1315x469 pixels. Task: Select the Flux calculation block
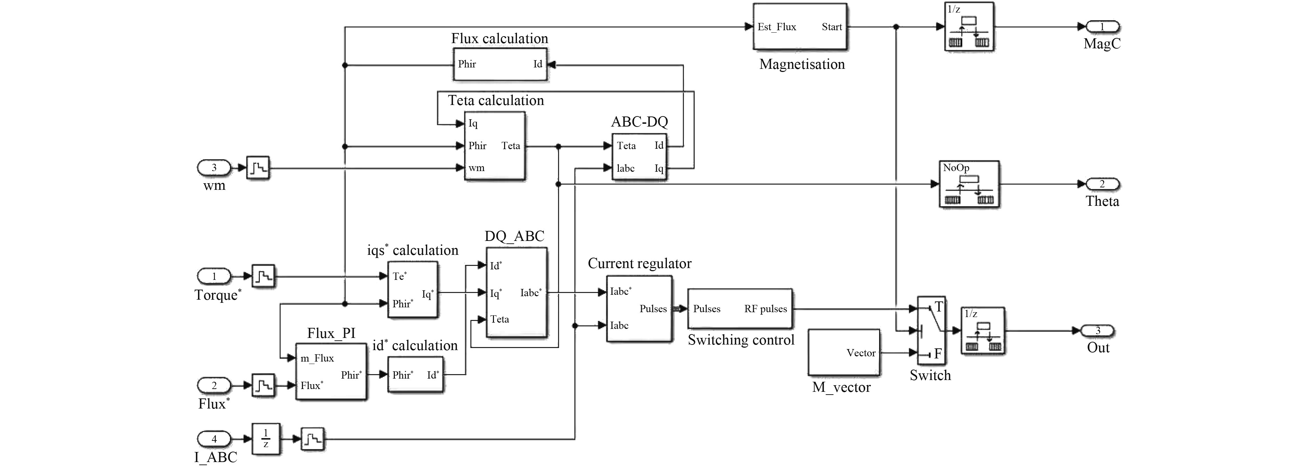tap(500, 64)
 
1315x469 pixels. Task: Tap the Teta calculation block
tap(494, 146)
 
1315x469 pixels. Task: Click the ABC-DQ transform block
tap(639, 157)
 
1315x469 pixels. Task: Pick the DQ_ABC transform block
tap(516, 292)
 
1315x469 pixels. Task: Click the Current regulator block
tap(639, 309)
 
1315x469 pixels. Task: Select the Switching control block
tap(740, 309)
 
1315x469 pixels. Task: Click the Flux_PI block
tap(331, 372)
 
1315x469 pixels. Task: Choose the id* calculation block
tap(415, 374)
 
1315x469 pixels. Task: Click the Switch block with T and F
tap(931, 331)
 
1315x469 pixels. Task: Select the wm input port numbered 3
tap(214, 167)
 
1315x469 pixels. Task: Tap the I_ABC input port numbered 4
tap(214, 439)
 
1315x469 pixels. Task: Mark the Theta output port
tap(1102, 184)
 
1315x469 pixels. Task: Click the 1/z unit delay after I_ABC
tap(265, 439)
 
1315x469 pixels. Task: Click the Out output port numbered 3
tap(1098, 331)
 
